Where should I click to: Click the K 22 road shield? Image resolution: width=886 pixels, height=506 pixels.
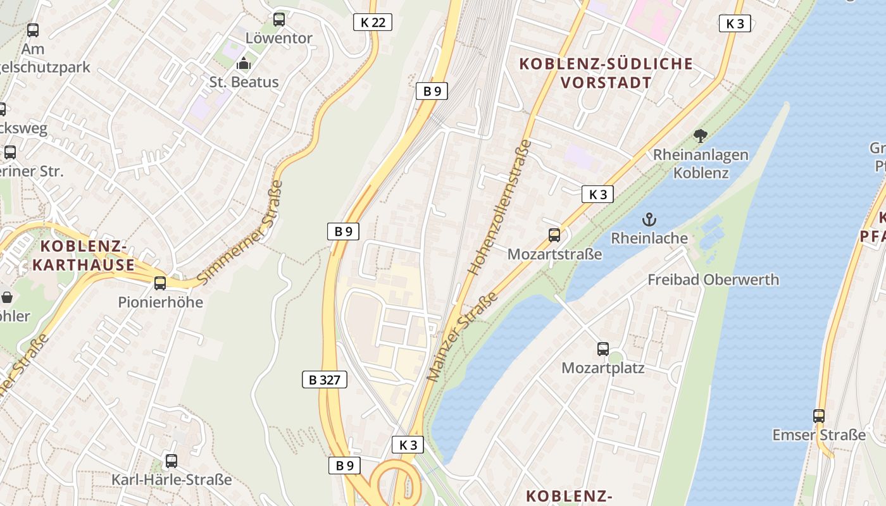373,23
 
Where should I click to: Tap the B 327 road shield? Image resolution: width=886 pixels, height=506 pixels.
324,379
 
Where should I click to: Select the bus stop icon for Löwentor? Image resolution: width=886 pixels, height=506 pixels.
279,20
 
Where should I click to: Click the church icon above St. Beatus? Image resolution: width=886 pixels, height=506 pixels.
244,63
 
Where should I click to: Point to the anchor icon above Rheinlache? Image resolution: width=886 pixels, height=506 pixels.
649,220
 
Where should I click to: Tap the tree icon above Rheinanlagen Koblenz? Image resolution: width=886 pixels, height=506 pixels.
700,135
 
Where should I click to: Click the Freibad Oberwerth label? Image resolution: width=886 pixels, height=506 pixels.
713,280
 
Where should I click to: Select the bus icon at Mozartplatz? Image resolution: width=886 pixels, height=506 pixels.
603,349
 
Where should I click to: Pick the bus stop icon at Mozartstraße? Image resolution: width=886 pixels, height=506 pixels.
554,235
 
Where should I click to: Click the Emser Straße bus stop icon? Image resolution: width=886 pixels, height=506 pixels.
819,416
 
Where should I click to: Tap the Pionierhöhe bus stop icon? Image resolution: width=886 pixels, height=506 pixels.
160,283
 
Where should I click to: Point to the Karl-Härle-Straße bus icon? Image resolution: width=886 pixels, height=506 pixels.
171,461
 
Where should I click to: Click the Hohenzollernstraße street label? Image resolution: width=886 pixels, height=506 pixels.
500,207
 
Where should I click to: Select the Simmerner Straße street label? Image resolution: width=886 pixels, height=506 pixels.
240,232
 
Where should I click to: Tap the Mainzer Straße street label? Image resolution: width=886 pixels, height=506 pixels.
462,336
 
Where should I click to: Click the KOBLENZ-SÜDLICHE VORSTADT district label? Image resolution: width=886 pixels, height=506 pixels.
606,73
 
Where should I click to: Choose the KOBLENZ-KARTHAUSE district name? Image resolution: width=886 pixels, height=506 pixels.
84,255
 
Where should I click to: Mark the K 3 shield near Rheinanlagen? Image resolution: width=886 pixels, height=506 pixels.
597,194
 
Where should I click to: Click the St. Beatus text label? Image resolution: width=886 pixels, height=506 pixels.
244,82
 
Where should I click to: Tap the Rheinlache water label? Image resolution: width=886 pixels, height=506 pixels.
649,238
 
